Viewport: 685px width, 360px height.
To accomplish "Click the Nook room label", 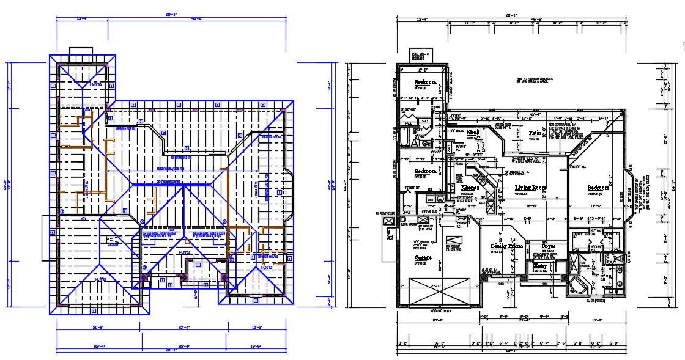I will pos(472,132).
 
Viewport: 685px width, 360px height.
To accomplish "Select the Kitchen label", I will pos(470,188).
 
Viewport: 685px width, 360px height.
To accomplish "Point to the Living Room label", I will pos(530,188).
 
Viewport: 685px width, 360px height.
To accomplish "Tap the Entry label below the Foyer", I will pos(540,266).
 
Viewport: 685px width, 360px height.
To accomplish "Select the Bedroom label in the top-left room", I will pos(425,82).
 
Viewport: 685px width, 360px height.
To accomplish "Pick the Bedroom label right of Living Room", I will pos(598,188).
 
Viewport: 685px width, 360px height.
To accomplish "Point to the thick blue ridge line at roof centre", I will pos(177,184).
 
